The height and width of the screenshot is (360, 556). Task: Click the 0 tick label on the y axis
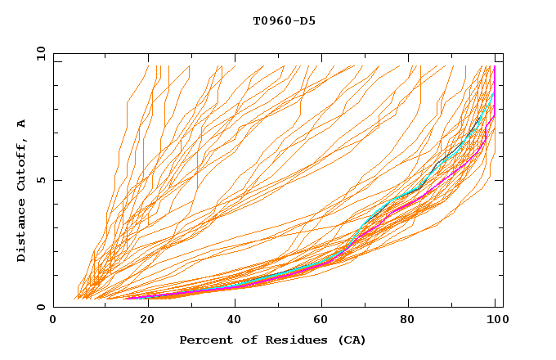[x=41, y=308]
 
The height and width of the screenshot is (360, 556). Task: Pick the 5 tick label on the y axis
[x=41, y=180]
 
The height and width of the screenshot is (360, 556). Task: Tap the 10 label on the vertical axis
[x=38, y=53]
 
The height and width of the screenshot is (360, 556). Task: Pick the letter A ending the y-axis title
[x=22, y=124]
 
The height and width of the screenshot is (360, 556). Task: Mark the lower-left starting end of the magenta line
[x=127, y=299]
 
